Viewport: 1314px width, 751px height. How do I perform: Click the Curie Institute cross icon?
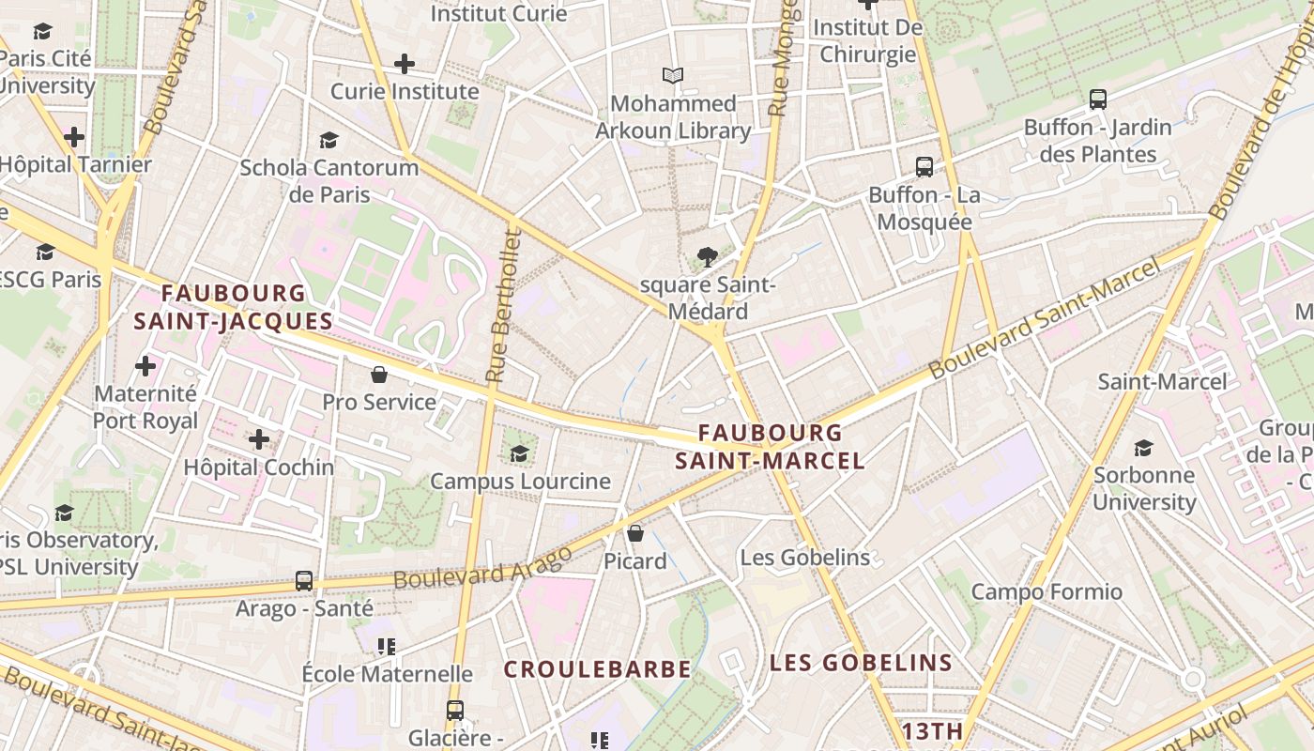click(x=405, y=64)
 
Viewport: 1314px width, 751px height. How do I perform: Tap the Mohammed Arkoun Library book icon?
click(x=673, y=75)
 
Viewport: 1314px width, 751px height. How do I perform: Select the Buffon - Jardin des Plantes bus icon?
click(x=1098, y=100)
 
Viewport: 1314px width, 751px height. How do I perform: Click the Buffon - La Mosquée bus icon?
click(x=924, y=167)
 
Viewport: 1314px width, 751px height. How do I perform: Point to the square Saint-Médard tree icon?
click(x=707, y=257)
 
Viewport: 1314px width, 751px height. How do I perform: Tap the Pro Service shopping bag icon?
click(x=379, y=375)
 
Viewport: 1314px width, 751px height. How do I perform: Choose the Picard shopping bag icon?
click(x=635, y=533)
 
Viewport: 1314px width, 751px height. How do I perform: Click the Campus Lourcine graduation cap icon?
click(x=519, y=454)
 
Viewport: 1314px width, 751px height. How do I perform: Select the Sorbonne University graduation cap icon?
click(x=1143, y=448)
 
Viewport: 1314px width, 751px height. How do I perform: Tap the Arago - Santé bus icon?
click(x=304, y=581)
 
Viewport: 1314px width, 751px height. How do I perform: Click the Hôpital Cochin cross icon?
click(x=259, y=438)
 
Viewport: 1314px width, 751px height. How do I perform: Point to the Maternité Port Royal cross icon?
click(x=145, y=365)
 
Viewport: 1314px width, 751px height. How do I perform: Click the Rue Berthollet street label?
click(x=499, y=304)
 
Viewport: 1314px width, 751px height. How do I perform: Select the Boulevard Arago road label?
click(x=482, y=567)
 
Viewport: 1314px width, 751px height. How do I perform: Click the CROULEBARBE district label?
click(x=597, y=669)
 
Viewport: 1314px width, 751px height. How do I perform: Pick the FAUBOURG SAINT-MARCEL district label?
click(x=770, y=447)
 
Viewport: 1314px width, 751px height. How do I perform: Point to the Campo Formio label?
click(x=1046, y=591)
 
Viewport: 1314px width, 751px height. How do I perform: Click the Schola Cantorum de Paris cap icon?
click(x=328, y=141)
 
